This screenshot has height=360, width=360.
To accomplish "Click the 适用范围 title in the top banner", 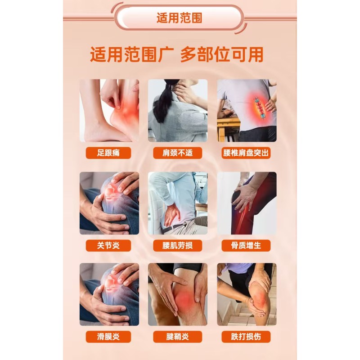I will tap(179, 18).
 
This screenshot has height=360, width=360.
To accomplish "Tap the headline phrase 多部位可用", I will tap(222, 55).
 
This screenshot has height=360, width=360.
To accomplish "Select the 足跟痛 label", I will tap(108, 153).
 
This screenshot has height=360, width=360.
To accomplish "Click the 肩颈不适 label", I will tap(177, 153).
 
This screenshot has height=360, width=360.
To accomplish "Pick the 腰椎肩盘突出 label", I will tap(247, 153).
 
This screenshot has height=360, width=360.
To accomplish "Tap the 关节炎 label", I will tap(108, 245).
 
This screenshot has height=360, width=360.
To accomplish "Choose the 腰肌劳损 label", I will tap(177, 245).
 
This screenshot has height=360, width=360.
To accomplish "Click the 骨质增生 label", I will tap(247, 245).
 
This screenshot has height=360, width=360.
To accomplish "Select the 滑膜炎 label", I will tap(108, 336).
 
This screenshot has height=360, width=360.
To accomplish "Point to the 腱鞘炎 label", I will tap(177, 336).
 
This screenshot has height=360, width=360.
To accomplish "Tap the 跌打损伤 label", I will tap(247, 336).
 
